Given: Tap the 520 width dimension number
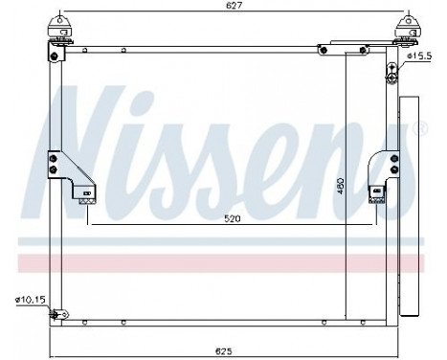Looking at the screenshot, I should point(227,218).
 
